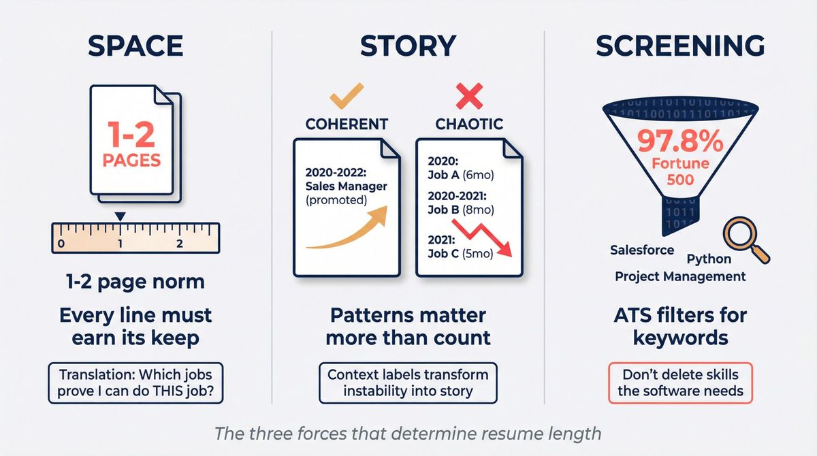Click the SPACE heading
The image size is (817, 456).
pyautogui.click(x=135, y=46)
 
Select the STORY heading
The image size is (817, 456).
pyautogui.click(x=408, y=46)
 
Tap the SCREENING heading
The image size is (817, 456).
pyautogui.click(x=680, y=46)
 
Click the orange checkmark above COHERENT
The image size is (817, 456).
pyautogui.click(x=347, y=97)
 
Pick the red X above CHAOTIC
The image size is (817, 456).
pyautogui.click(x=470, y=97)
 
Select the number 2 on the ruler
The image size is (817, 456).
pyautogui.click(x=179, y=243)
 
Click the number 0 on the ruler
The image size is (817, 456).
pyautogui.click(x=61, y=243)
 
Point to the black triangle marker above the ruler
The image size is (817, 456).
pyautogui.click(x=121, y=216)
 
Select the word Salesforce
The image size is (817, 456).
pyautogui.click(x=642, y=250)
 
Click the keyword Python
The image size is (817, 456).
pyautogui.click(x=709, y=259)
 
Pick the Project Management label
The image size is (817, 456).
pyautogui.click(x=680, y=276)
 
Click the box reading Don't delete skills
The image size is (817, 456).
pyautogui.click(x=680, y=382)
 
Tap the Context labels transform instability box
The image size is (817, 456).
pyautogui.click(x=408, y=382)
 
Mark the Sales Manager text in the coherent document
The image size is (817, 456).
pyautogui.click(x=347, y=186)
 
